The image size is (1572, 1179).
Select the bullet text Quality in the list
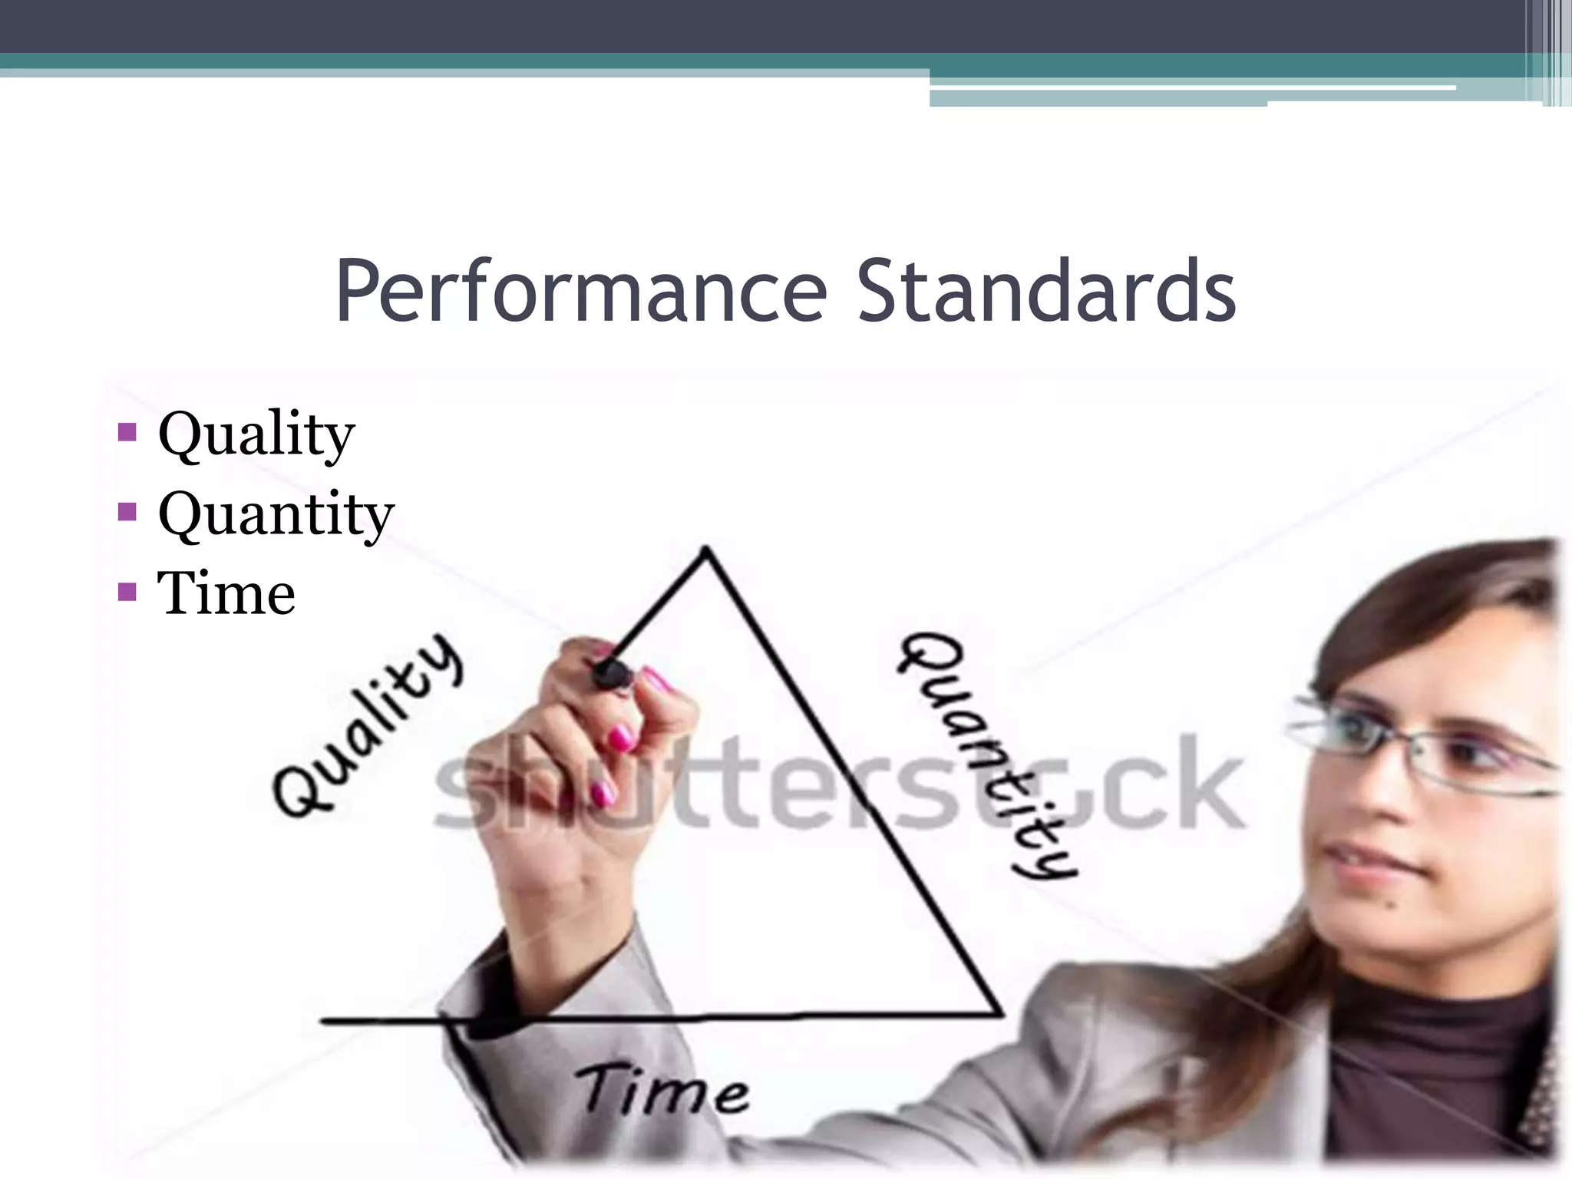pyautogui.click(x=256, y=434)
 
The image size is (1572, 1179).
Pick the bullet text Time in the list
pyautogui.click(x=226, y=593)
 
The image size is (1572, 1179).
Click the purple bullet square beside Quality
pyautogui.click(x=127, y=432)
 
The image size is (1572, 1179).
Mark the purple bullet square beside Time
pyautogui.click(x=127, y=592)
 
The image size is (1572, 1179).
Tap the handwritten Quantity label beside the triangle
pyautogui.click(x=986, y=756)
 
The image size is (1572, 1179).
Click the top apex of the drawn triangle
pyautogui.click(x=707, y=548)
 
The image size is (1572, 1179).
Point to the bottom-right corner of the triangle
pyautogui.click(x=1000, y=1014)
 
